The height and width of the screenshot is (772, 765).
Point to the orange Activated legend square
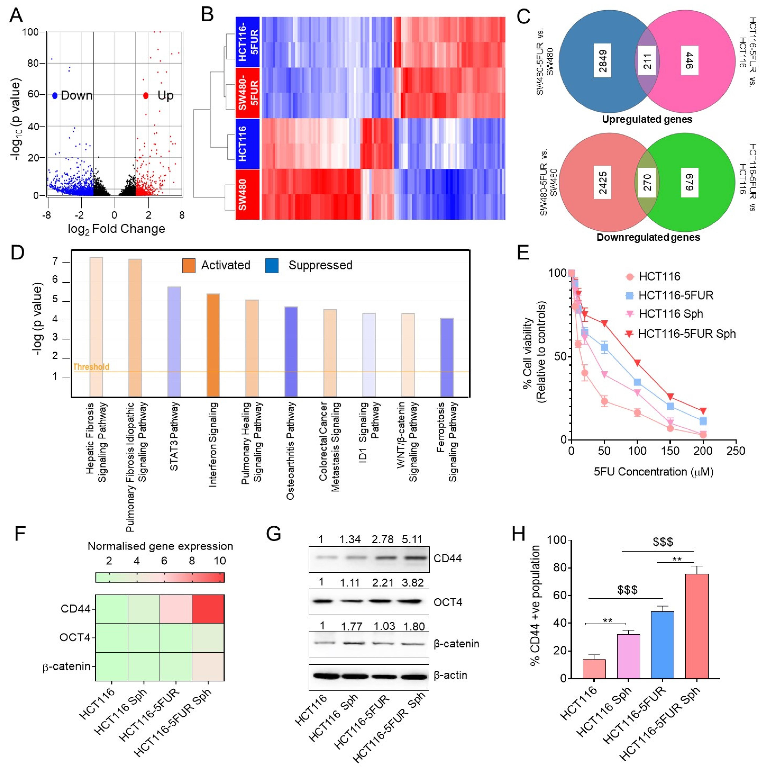coord(189,265)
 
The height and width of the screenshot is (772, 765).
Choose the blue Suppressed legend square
coord(272,265)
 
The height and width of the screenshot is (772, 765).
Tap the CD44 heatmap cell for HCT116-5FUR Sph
coord(208,609)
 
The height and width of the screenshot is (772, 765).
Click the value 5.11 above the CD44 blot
coord(412,539)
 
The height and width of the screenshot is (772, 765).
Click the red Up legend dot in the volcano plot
coord(146,95)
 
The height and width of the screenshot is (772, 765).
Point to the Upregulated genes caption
coord(647,119)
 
